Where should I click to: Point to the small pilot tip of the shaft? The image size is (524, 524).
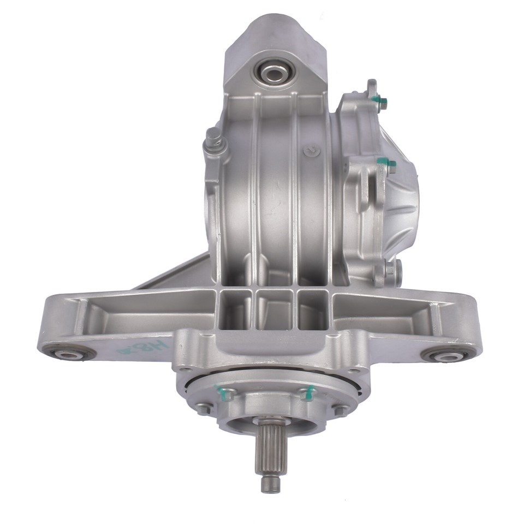point(268,484)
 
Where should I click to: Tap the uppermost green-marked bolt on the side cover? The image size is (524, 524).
point(379,100)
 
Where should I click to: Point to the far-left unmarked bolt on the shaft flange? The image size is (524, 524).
point(204,407)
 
